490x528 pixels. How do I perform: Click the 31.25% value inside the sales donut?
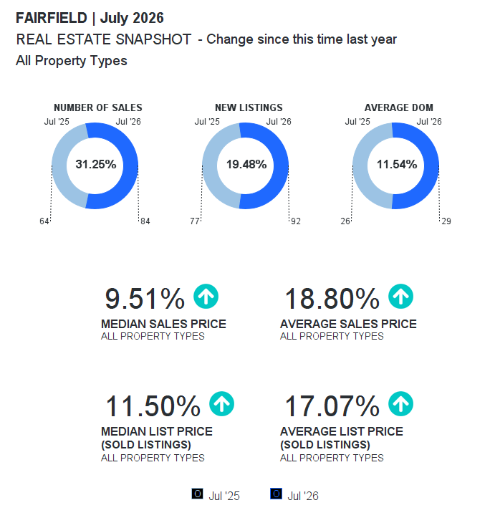pyautogui.click(x=96, y=164)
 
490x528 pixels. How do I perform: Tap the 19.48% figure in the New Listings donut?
pyautogui.click(x=246, y=164)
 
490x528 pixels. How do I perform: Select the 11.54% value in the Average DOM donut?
pyautogui.click(x=397, y=164)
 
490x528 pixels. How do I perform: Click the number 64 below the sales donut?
pyautogui.click(x=44, y=221)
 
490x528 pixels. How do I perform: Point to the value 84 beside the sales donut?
pyautogui.click(x=145, y=221)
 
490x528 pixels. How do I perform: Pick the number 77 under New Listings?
pyautogui.click(x=195, y=221)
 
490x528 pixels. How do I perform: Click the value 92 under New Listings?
pyautogui.click(x=296, y=221)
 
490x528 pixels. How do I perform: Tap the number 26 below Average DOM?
pyautogui.click(x=345, y=221)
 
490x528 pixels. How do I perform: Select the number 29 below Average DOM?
pyautogui.click(x=446, y=221)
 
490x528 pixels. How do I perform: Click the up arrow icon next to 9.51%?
pyautogui.click(x=206, y=297)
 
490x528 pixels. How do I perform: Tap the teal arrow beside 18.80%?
pyautogui.click(x=400, y=297)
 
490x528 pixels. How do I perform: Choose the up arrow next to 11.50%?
pyautogui.click(x=221, y=404)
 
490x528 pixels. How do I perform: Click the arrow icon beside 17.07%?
pyautogui.click(x=400, y=404)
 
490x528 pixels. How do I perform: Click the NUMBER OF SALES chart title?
pyautogui.click(x=98, y=107)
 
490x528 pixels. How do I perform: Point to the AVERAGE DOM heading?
pyautogui.click(x=399, y=107)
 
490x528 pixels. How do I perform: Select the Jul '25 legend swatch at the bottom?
pyautogui.click(x=197, y=494)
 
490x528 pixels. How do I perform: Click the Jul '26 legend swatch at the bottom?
pyautogui.click(x=276, y=494)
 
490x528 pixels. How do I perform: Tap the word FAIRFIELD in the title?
pyautogui.click(x=52, y=18)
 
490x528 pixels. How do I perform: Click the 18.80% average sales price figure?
pyautogui.click(x=332, y=299)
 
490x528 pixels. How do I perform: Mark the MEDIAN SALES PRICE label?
pyautogui.click(x=163, y=324)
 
